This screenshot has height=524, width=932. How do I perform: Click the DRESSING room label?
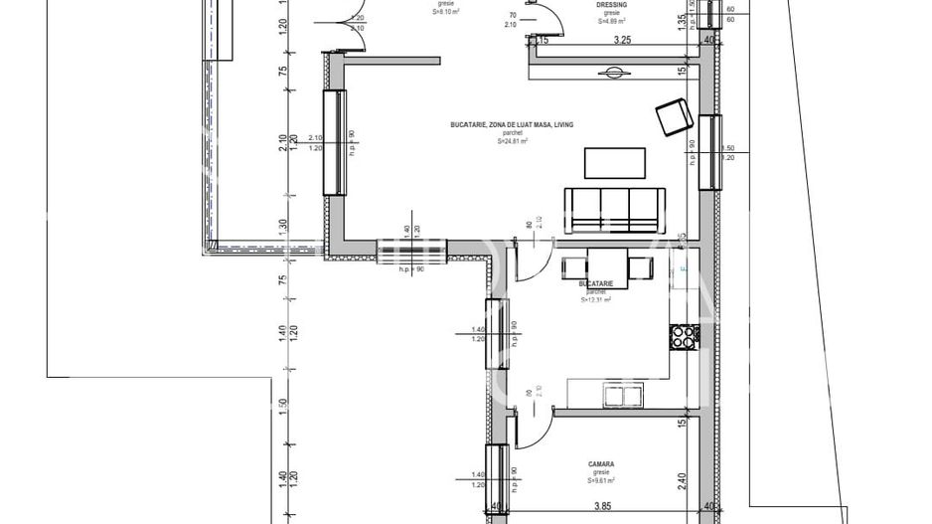[x=611, y=5]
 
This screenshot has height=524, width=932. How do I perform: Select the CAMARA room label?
[x=599, y=463]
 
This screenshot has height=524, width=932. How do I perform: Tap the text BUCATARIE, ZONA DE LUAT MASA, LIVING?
[x=512, y=125]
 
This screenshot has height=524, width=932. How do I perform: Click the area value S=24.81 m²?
[x=512, y=142]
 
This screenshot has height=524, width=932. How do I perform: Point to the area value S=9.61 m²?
[x=599, y=480]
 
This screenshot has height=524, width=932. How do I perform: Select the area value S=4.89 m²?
[x=611, y=20]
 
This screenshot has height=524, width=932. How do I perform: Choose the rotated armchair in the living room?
[x=676, y=115]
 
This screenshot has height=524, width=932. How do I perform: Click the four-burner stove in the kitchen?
[x=683, y=337]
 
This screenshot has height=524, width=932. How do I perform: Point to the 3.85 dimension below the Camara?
[x=600, y=506]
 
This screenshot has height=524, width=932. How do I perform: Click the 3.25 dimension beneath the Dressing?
[x=623, y=41]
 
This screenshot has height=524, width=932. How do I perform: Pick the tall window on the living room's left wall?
[x=331, y=142]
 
